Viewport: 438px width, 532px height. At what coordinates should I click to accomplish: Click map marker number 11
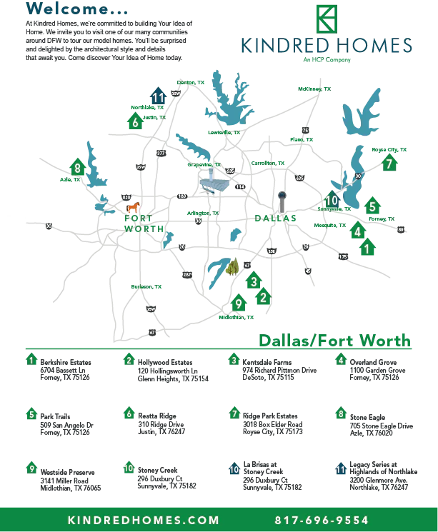click(159, 97)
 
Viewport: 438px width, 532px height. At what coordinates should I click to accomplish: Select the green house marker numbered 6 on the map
click(135, 122)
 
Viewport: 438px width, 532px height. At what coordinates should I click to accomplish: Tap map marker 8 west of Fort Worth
click(77, 169)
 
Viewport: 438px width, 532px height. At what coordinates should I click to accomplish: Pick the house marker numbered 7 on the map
click(389, 164)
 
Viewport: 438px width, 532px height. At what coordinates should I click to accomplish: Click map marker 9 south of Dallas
click(239, 303)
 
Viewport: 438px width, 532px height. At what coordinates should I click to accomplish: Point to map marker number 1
click(367, 249)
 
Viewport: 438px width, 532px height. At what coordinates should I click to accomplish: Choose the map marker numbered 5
click(372, 206)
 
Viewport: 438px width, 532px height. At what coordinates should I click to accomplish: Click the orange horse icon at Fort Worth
click(133, 207)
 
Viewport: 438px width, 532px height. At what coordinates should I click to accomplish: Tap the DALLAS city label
click(275, 218)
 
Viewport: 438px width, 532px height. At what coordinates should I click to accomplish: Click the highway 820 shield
click(126, 197)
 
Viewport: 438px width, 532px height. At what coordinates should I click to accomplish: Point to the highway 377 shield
click(160, 154)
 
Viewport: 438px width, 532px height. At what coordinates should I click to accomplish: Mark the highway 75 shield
click(305, 130)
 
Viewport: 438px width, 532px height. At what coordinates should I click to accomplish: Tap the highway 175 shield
click(343, 256)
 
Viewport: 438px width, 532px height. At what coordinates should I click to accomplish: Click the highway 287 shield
click(187, 274)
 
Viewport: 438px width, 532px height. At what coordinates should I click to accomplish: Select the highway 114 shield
click(240, 186)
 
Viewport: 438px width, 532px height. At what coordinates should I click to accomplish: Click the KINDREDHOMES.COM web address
click(144, 520)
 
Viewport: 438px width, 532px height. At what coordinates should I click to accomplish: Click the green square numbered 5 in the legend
click(31, 414)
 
